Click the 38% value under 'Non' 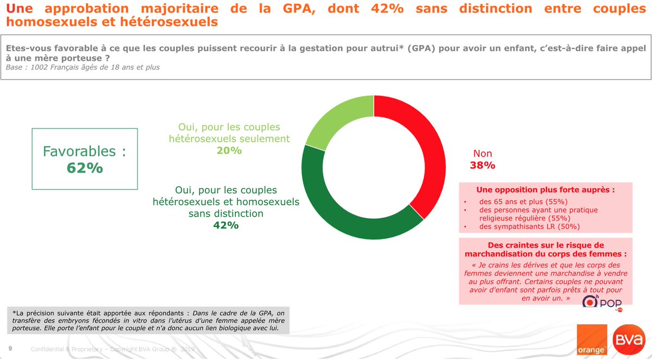coord(482,166)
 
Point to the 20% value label coord(229,150)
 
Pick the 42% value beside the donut coord(225,225)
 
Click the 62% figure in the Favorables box coord(85,168)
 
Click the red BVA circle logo coord(629,340)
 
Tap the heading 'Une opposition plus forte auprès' coord(546,190)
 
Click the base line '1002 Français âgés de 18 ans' coord(83,67)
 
